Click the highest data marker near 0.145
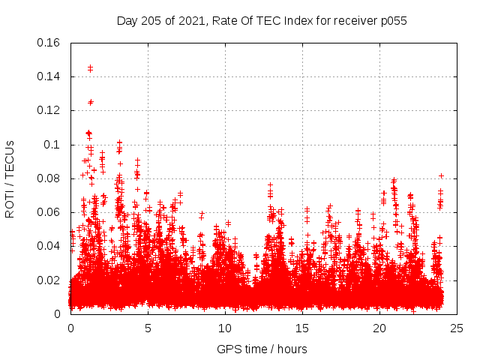tap(90, 67)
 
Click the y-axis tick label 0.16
tap(49, 43)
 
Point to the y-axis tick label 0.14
tap(49, 76)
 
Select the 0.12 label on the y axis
tap(49, 110)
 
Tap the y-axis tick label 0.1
tap(52, 145)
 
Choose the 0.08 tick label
tap(49, 178)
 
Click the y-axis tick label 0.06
tap(49, 212)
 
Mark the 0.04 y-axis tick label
tap(49, 246)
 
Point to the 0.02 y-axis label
tap(49, 280)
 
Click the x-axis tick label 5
tap(148, 328)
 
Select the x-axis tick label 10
tap(225, 328)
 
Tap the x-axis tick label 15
tap(302, 328)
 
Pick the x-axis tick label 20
tap(379, 328)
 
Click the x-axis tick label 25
tap(457, 328)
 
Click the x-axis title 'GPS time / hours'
tap(262, 349)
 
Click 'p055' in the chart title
tap(392, 20)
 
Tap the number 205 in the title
tap(154, 20)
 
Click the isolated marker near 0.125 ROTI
tap(91, 102)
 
